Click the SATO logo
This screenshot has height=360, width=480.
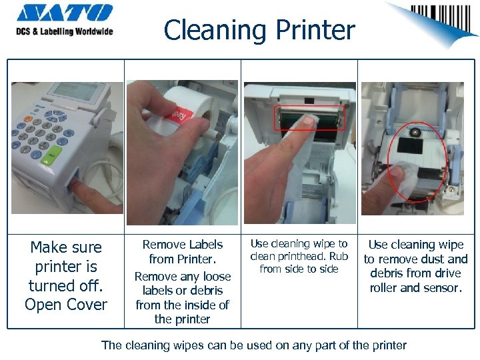pyautogui.click(x=65, y=13)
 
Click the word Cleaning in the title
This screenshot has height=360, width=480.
pyautogui.click(x=215, y=30)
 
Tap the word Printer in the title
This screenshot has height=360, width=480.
pyautogui.click(x=315, y=29)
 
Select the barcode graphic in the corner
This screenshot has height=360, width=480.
pyautogui.click(x=440, y=18)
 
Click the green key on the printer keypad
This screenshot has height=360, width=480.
pyautogui.click(x=51, y=155)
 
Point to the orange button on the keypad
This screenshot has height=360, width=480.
pyautogui.click(x=27, y=119)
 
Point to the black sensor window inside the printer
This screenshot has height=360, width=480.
pyautogui.click(x=410, y=145)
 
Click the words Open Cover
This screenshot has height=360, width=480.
pyautogui.click(x=66, y=304)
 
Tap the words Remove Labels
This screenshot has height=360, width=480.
pyautogui.click(x=183, y=244)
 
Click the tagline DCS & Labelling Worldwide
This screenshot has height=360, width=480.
pyautogui.click(x=65, y=31)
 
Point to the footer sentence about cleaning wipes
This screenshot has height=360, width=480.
pyautogui.click(x=254, y=345)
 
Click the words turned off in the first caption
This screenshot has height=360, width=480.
pyautogui.click(x=66, y=285)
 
